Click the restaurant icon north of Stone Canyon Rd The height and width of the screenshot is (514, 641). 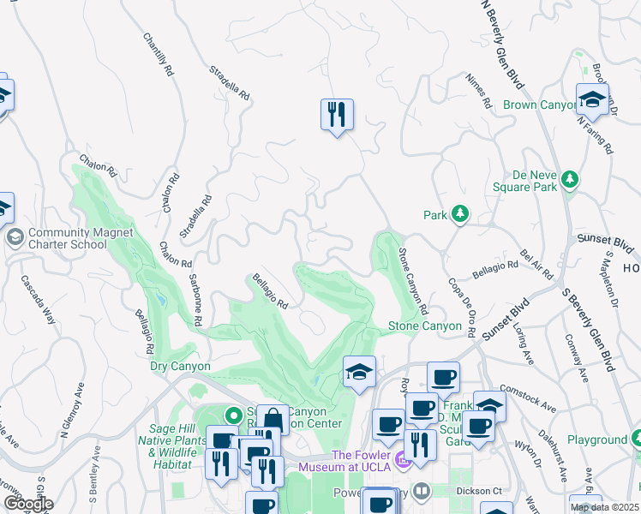[x=337, y=114]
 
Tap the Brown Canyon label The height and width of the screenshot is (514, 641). [x=538, y=105]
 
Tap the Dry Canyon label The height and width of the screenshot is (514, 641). [x=180, y=366]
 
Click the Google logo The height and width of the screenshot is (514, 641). [x=27, y=503]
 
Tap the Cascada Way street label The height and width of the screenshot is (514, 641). [x=39, y=299]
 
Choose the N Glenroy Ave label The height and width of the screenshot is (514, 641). [x=69, y=409]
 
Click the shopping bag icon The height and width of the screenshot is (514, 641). [x=273, y=420]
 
